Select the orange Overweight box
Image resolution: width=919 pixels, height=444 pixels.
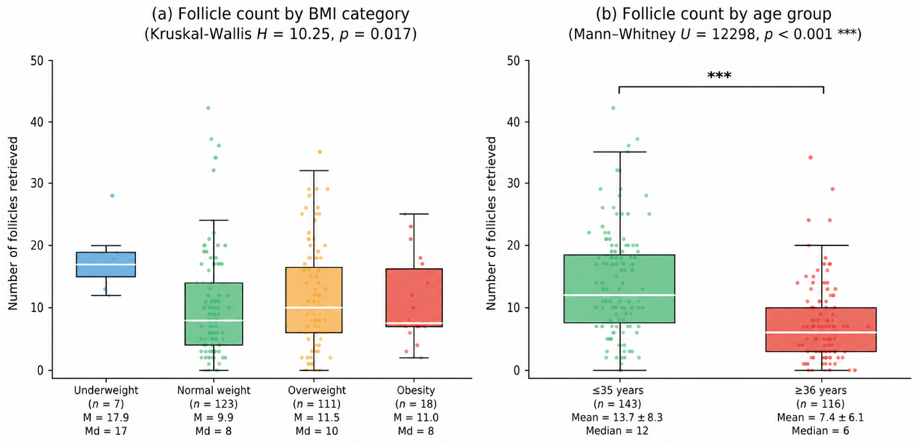coord(314,300)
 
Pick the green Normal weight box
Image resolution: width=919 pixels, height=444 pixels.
coord(214,314)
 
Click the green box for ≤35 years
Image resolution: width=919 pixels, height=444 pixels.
coord(620,289)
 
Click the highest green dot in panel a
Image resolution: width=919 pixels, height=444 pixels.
coord(208,108)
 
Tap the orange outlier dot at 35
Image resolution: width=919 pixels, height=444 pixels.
coord(320,152)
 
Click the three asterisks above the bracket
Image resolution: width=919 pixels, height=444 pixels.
coord(719,76)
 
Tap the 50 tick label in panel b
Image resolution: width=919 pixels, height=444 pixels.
coord(513,61)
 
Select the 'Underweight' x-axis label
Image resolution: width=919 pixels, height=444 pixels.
coord(106,390)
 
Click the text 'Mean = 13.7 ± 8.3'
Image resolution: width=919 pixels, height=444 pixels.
coord(617,418)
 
